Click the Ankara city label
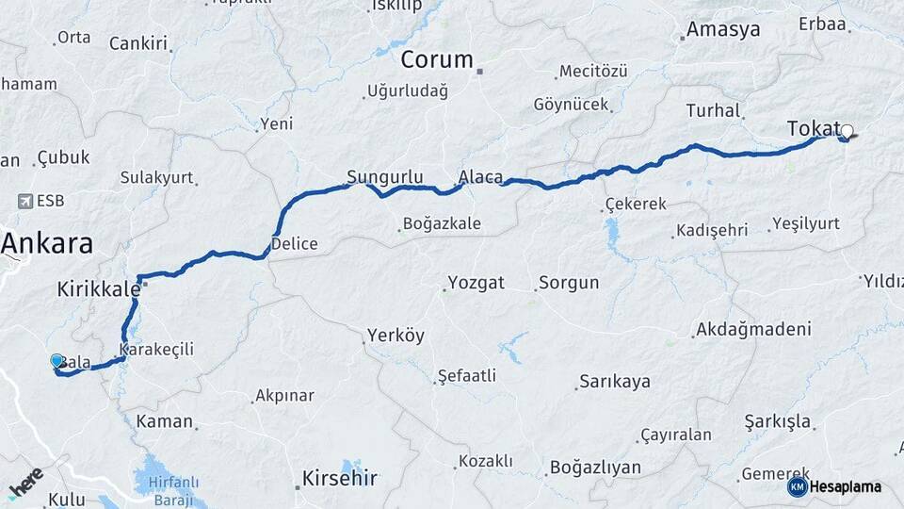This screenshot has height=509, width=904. pos(47,244)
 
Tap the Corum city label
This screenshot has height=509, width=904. pos(437,60)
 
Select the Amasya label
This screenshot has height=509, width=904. pos(722,30)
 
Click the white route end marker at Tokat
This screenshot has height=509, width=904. pos(847,132)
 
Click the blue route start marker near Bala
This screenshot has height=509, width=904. pos(56,361)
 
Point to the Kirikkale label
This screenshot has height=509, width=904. pos(99,288)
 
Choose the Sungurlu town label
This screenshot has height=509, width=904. pos(384,177)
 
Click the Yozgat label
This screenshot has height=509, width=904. pos(476,283)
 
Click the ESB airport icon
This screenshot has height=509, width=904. pos(24,201)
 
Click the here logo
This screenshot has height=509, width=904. pos(26,483)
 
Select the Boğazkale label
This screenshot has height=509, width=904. pos(441,224)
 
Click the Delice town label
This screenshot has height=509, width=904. pos(294,244)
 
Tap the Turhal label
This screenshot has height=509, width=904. pos(713,111)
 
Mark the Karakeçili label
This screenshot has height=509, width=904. pos(159,350)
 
